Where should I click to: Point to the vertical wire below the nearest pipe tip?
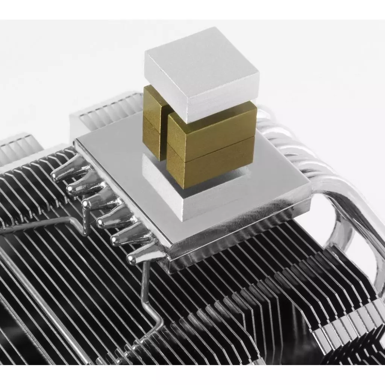[x=145, y=286]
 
